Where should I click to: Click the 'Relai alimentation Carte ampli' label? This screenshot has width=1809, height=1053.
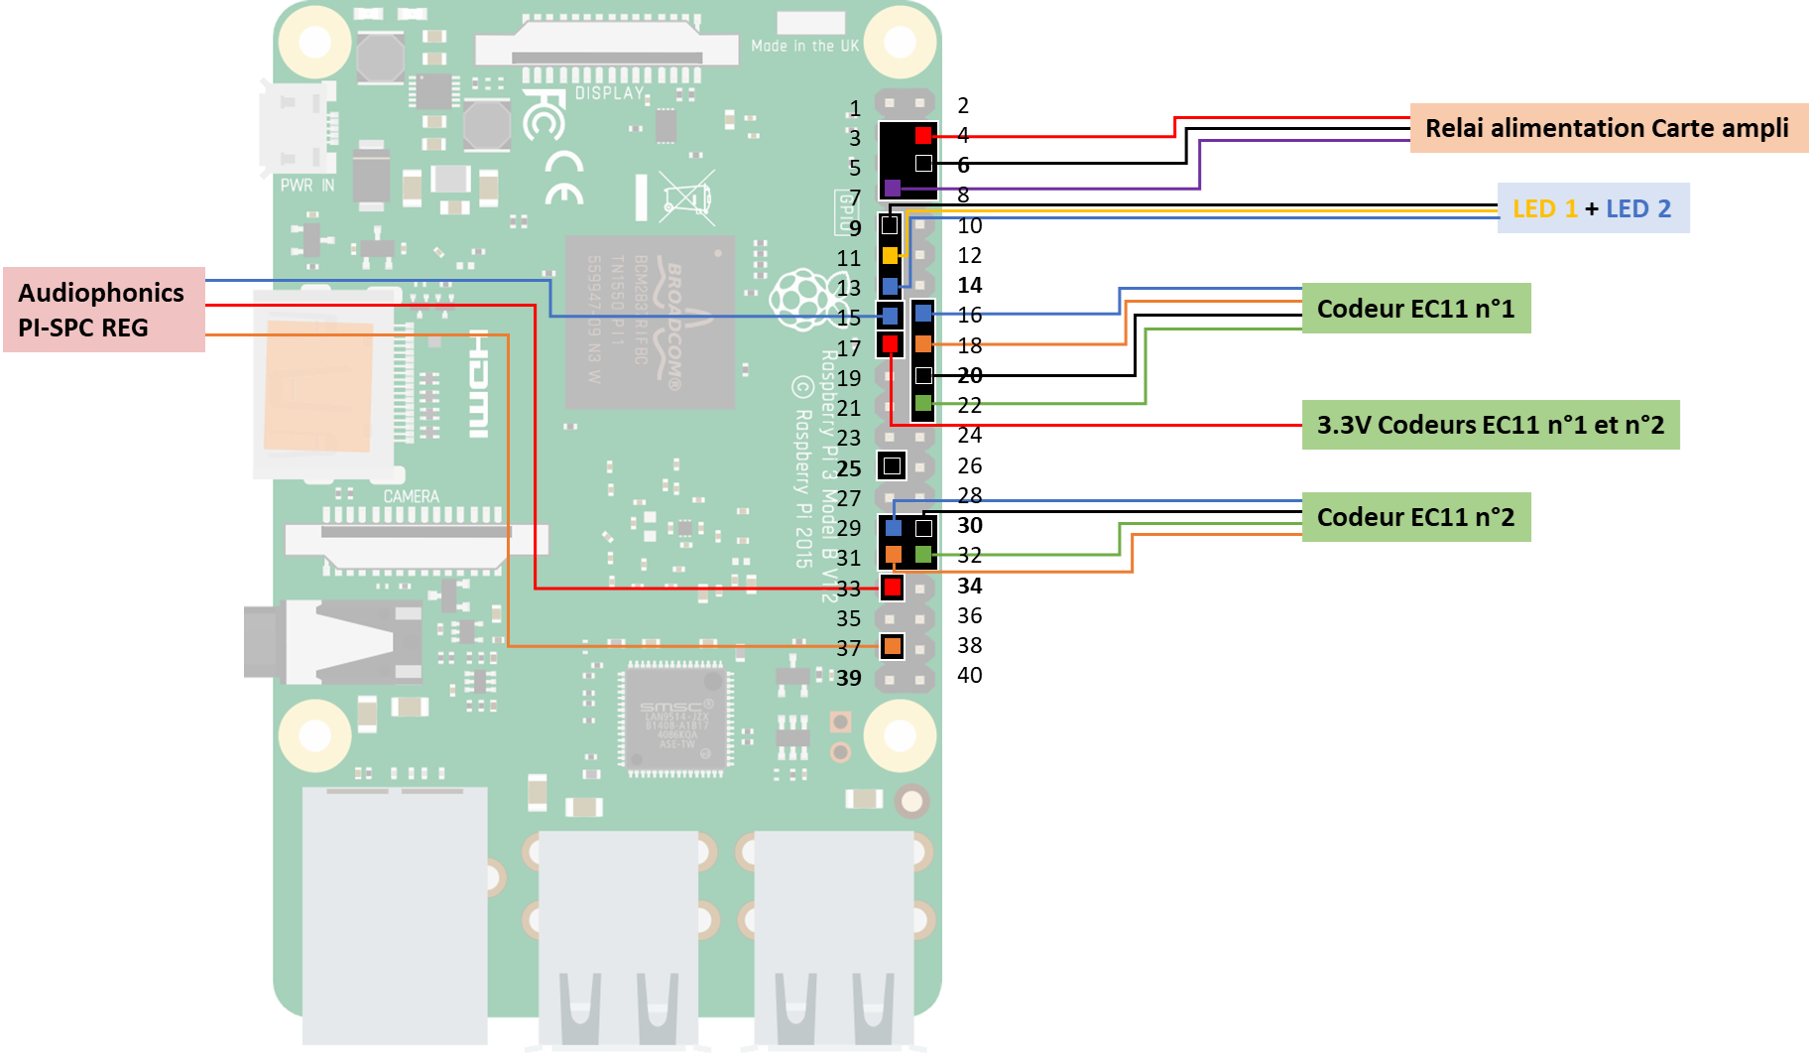(x=1607, y=128)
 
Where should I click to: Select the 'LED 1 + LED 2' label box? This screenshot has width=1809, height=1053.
(x=1593, y=208)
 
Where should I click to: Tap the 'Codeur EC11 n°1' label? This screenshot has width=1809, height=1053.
(x=1415, y=309)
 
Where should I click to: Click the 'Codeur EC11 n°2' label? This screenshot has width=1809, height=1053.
(x=1415, y=517)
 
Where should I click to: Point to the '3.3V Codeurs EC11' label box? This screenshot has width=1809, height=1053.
(x=1490, y=425)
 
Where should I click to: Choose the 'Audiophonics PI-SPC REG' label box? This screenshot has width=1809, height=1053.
(x=103, y=310)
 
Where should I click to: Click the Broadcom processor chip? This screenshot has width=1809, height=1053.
(x=650, y=322)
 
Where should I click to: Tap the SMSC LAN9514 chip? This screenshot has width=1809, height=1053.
(x=677, y=720)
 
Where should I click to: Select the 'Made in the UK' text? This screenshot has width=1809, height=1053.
(x=804, y=46)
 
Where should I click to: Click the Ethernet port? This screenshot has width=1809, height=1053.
(x=395, y=913)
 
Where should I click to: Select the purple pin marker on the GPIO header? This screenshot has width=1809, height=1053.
(x=892, y=188)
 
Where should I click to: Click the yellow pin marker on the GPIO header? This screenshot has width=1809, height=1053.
(x=890, y=256)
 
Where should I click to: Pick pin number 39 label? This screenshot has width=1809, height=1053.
(x=848, y=678)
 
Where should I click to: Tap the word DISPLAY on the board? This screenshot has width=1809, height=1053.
(x=609, y=93)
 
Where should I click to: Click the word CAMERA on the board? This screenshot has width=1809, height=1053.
(x=411, y=496)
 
